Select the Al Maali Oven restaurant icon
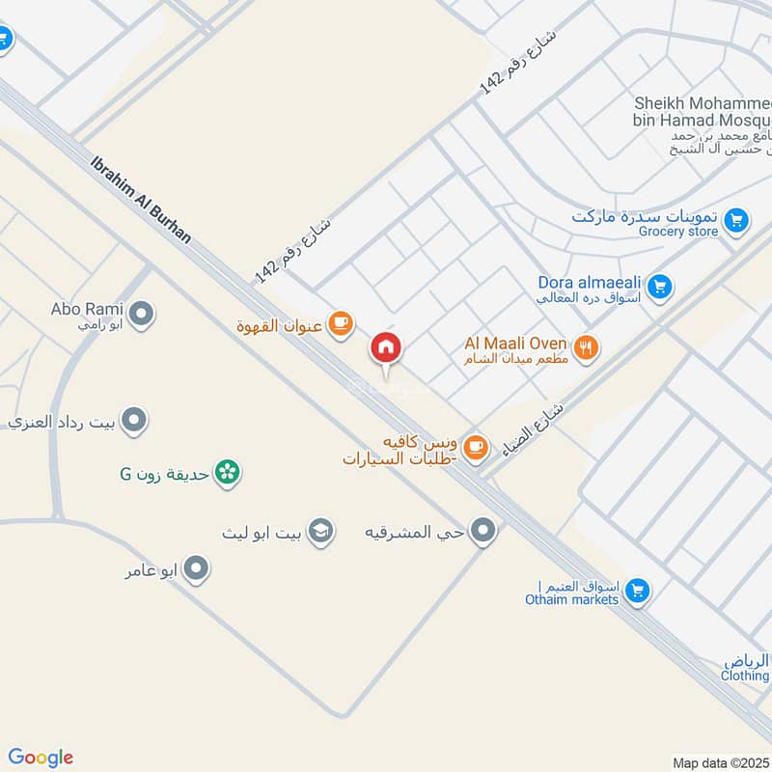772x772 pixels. tap(585, 347)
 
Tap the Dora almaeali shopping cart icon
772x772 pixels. tap(660, 286)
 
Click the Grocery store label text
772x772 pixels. tap(678, 232)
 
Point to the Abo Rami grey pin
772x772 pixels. tap(142, 315)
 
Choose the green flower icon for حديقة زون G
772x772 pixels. tap(228, 473)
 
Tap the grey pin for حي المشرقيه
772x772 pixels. tap(483, 532)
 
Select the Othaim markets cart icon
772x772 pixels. tap(636, 592)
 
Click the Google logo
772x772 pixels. tap(41, 758)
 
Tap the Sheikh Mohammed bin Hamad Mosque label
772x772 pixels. tap(702, 112)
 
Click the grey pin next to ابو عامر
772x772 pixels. tap(196, 569)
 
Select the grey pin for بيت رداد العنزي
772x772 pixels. tap(134, 421)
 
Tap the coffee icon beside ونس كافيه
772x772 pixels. tap(475, 446)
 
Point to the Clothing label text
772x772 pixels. tap(745, 676)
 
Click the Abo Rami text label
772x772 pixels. tap(87, 310)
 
